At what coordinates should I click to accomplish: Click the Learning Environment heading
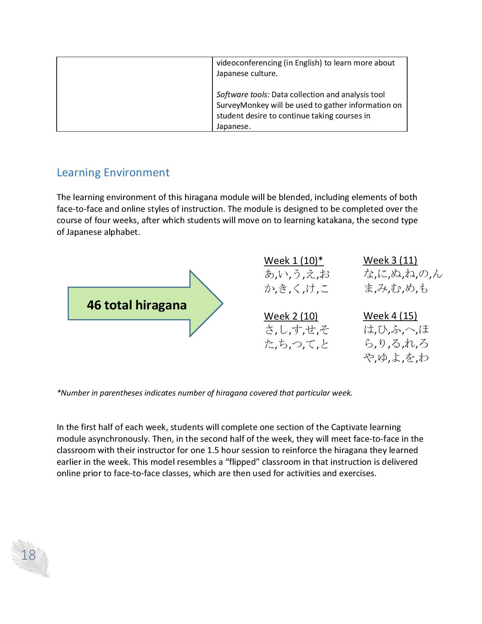[x=113, y=172]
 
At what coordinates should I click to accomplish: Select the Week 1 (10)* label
[x=293, y=261]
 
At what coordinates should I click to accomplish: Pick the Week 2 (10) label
[x=291, y=316]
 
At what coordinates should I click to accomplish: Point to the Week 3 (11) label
[x=390, y=260]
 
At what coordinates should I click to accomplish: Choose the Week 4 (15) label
[x=390, y=315]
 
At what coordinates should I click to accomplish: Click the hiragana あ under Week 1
[x=269, y=274]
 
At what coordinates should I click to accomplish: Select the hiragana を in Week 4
[x=410, y=358]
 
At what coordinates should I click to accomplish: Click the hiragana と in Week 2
[x=324, y=344]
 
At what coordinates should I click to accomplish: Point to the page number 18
[x=28, y=555]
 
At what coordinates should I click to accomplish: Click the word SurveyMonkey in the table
[x=242, y=105]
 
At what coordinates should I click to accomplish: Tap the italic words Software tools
[x=242, y=95]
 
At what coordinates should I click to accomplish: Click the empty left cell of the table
[x=135, y=94]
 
